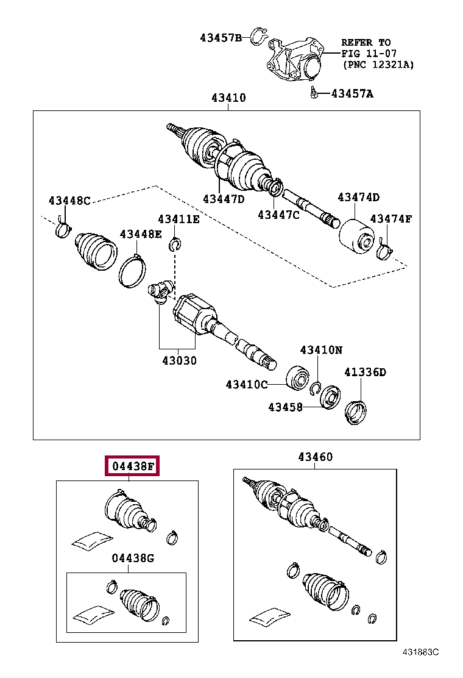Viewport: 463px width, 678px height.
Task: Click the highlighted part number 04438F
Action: tap(132, 466)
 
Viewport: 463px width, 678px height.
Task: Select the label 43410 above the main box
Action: tap(228, 98)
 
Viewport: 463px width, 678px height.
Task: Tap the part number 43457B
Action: tap(221, 38)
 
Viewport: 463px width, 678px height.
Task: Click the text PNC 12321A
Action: tap(378, 63)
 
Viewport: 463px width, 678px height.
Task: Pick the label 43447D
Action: tap(223, 199)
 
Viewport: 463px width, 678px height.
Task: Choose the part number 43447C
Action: tap(278, 214)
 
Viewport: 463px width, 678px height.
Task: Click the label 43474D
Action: tap(359, 197)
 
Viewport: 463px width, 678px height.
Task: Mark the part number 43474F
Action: tap(391, 218)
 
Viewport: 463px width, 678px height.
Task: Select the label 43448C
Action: tap(69, 200)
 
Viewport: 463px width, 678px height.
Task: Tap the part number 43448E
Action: tap(141, 234)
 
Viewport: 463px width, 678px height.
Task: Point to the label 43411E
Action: tap(178, 219)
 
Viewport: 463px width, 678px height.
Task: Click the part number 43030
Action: tap(179, 360)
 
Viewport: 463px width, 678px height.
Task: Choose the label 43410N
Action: tap(320, 350)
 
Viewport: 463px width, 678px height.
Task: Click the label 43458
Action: tap(286, 406)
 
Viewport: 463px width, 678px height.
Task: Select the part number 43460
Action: tap(316, 457)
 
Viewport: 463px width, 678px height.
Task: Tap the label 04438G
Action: tap(133, 558)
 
